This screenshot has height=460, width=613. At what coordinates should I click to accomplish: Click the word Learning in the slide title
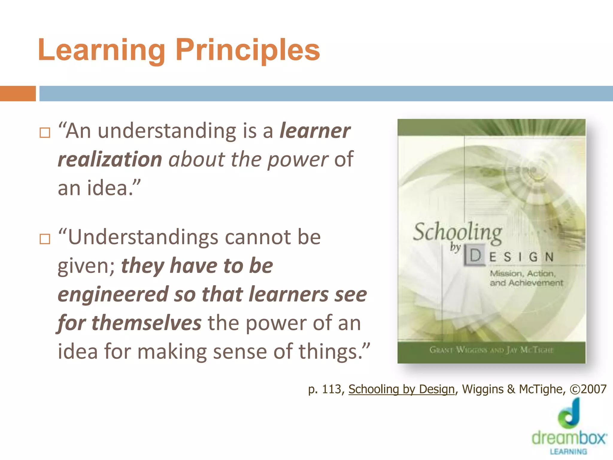point(101,50)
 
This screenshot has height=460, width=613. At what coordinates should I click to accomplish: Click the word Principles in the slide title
point(248,50)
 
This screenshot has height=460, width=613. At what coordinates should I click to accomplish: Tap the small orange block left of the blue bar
point(18,93)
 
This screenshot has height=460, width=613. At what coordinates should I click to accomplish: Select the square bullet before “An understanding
point(45,132)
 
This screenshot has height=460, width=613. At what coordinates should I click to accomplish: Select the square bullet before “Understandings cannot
point(45,239)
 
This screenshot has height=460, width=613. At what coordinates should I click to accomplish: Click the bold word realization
point(110,159)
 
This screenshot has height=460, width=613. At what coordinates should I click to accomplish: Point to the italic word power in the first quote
point(298,159)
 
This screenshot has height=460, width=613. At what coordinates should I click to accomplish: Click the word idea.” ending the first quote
point(113,188)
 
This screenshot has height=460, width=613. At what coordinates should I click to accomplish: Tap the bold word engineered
point(113,294)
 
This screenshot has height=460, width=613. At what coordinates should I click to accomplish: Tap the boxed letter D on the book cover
point(475,256)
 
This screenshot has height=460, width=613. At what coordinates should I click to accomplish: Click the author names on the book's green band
point(491,350)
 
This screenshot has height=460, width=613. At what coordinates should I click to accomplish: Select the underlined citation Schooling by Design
point(401,389)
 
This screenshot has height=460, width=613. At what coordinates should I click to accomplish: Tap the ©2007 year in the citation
point(588,389)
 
